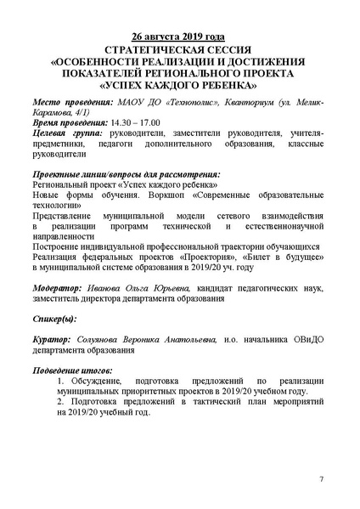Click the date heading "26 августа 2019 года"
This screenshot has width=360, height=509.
(x=178, y=38)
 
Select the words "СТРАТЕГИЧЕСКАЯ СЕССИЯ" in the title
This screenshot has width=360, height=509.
(x=178, y=50)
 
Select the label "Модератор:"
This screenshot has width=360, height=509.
(x=58, y=286)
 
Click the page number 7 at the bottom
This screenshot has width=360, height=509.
(x=321, y=479)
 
